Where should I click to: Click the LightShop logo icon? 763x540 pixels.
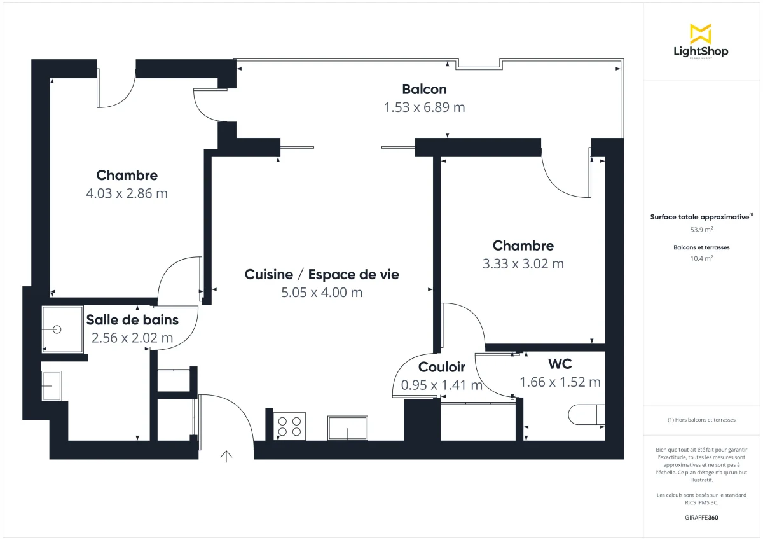(x=700, y=34)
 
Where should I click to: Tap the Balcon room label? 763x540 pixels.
(x=424, y=89)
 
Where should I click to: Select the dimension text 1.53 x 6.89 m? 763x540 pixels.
(x=424, y=107)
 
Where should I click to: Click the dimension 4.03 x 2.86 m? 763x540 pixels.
(x=127, y=193)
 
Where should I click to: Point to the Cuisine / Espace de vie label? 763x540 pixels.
(x=322, y=275)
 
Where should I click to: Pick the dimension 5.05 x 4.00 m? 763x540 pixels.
(x=322, y=293)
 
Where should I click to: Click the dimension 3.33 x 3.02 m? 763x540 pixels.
(x=523, y=263)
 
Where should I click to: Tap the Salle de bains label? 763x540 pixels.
(x=132, y=320)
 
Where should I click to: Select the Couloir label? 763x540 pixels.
(x=441, y=367)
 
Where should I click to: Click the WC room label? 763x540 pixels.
(x=560, y=364)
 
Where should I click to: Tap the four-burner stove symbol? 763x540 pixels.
(x=290, y=426)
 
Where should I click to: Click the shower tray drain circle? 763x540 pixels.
(x=58, y=329)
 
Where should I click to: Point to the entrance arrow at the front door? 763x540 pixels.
(x=226, y=456)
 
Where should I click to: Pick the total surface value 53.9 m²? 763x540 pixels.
(x=701, y=230)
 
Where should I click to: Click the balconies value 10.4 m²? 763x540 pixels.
(x=701, y=258)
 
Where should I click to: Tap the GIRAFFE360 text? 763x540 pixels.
(x=701, y=518)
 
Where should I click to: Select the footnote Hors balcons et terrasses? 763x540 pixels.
(x=701, y=420)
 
